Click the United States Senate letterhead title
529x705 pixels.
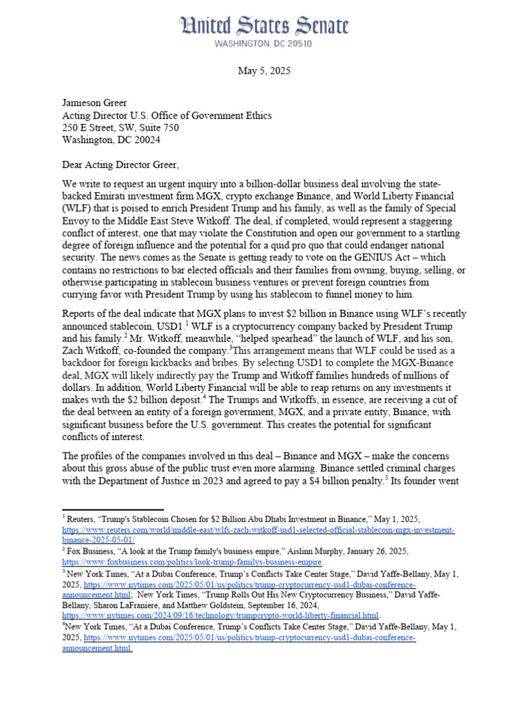click(264, 27)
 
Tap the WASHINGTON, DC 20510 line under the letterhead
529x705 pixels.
click(264, 43)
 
